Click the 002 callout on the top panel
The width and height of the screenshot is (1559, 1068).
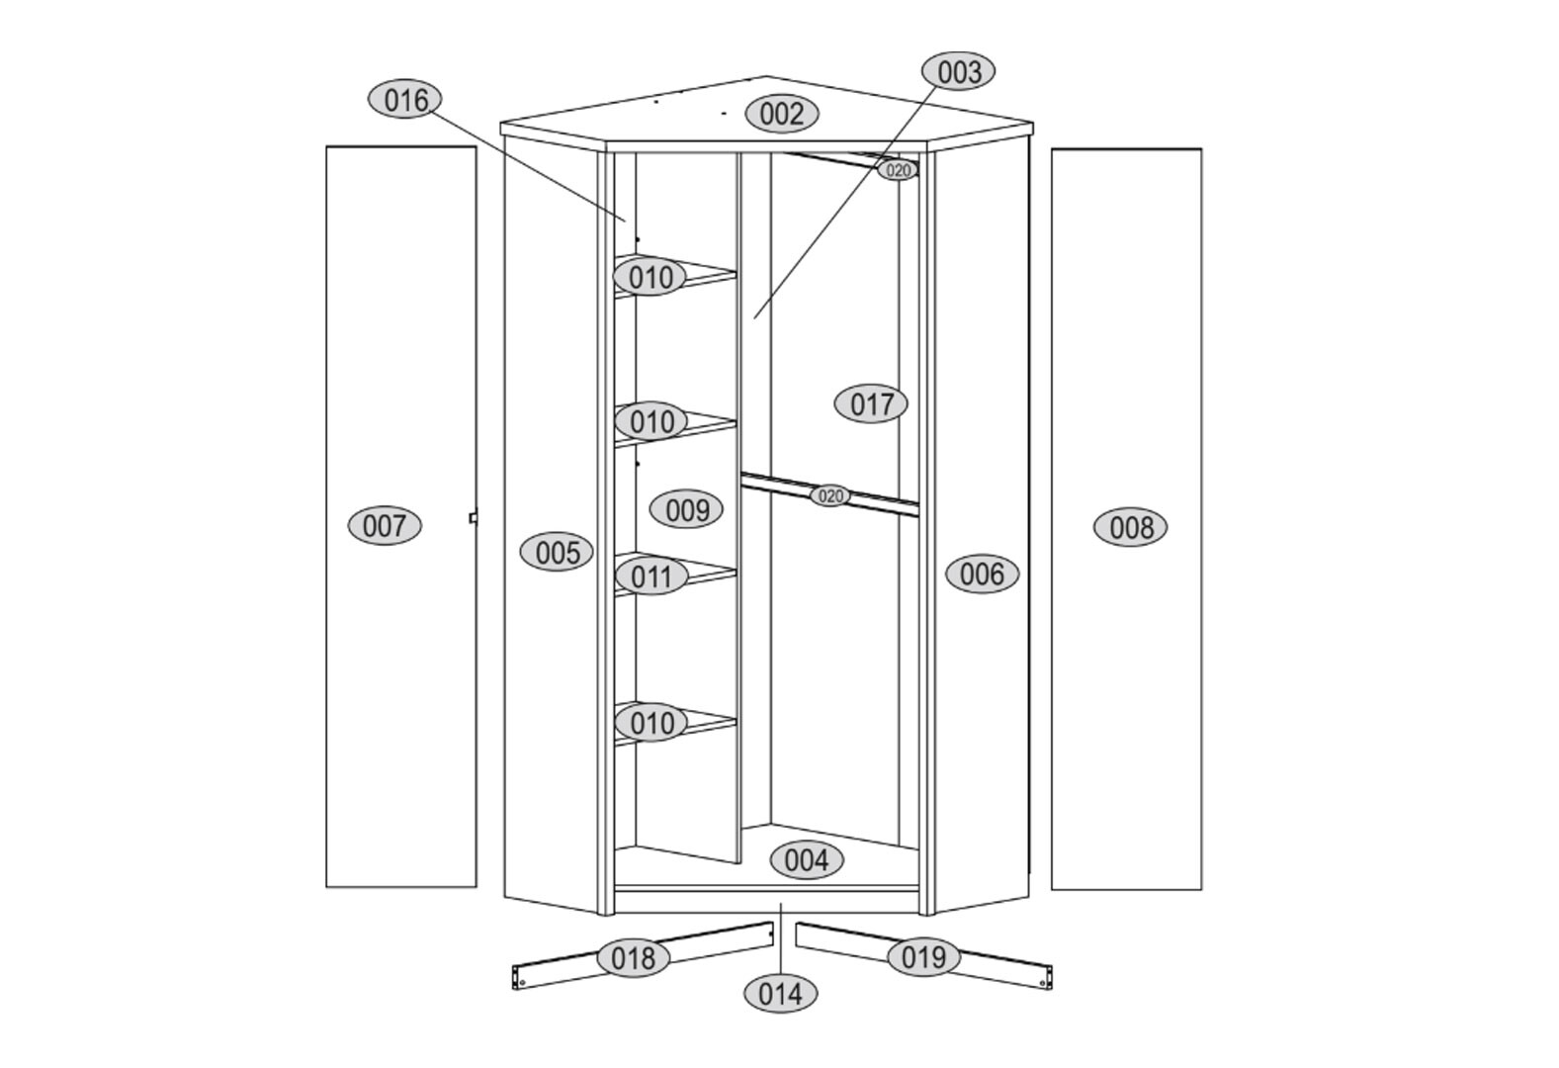[x=782, y=114]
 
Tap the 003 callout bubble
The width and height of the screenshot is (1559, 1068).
[x=958, y=72]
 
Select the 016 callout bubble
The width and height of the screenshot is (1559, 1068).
[x=405, y=100]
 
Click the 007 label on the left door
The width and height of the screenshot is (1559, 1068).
[x=385, y=526]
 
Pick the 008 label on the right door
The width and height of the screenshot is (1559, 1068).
[x=1130, y=527]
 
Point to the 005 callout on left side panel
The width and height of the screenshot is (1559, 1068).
[x=557, y=552]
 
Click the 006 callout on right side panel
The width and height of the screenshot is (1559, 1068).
[x=982, y=574]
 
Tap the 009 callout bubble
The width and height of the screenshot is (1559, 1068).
[x=686, y=509]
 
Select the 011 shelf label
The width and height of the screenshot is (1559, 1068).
[x=651, y=577]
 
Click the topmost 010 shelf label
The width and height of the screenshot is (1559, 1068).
[x=650, y=277]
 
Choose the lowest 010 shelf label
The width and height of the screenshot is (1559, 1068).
[x=651, y=723]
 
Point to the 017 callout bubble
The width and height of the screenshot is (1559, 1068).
[x=871, y=403]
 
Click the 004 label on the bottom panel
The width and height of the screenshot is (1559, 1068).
[x=807, y=859]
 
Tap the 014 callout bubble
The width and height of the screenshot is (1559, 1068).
[x=781, y=994]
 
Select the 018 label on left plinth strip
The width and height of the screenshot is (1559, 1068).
[x=634, y=958]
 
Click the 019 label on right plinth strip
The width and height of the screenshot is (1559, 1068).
[x=923, y=957]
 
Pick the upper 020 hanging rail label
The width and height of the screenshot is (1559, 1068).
[x=898, y=170]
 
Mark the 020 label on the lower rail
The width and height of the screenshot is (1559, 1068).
[x=829, y=495]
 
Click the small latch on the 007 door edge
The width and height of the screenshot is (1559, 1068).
[x=474, y=517]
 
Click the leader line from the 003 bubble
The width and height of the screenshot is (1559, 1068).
[x=845, y=204]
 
